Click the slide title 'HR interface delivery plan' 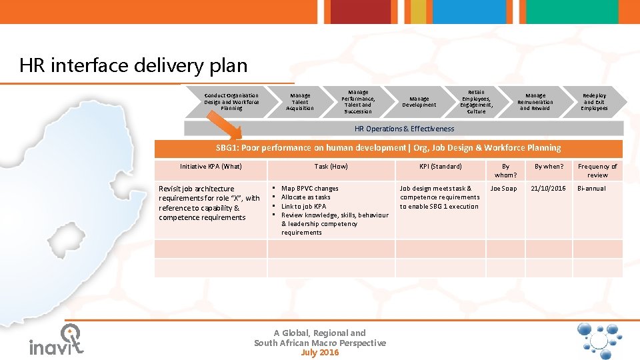tap(133, 66)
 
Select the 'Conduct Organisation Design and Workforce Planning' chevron tap(231, 101)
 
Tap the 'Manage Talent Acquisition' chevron tap(300, 102)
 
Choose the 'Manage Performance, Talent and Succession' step tap(358, 102)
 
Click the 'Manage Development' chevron tap(419, 102)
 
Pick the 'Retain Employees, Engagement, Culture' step tap(476, 102)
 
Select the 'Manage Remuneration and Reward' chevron tap(535, 102)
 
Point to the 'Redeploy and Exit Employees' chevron tap(594, 102)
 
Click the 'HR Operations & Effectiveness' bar tap(404, 129)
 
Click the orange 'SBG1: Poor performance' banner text tap(389, 148)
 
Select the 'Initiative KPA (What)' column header tap(211, 167)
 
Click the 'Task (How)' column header tap(331, 167)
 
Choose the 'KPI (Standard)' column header tap(440, 167)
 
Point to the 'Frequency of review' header tap(597, 171)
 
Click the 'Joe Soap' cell tap(503, 189)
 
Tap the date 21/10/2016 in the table tap(548, 189)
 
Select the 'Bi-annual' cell tap(591, 189)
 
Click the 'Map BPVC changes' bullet tap(309, 189)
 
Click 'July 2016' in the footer tap(319, 353)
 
